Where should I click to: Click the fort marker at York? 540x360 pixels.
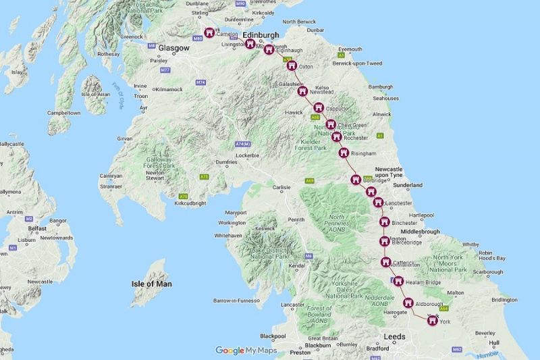[431, 320]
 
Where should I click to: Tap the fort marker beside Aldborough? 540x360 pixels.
[408, 304]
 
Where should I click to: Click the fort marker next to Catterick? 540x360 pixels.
[386, 262]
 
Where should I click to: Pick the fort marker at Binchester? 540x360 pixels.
[383, 222]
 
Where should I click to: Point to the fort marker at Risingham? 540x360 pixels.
[345, 153]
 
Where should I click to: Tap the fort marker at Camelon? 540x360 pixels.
[209, 32]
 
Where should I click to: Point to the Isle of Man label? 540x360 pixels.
[151, 284]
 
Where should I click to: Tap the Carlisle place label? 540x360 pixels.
[281, 186]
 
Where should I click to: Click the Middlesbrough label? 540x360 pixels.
[420, 232]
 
